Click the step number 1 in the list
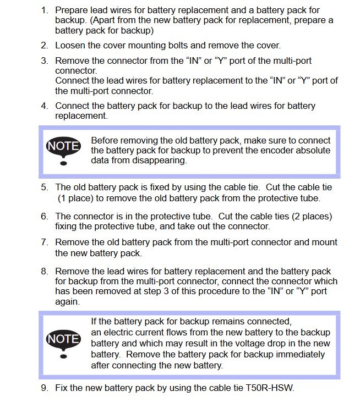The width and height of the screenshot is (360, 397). click(x=44, y=10)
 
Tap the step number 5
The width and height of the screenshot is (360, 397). click(x=44, y=188)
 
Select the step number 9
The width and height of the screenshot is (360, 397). click(x=44, y=388)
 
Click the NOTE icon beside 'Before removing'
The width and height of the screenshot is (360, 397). click(x=64, y=149)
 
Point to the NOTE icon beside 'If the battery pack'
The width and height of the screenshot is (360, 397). click(x=64, y=342)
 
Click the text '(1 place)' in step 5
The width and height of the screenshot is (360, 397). click(x=77, y=198)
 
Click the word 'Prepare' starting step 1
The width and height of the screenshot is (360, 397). click(x=72, y=10)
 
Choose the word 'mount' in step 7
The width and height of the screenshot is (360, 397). click(x=325, y=242)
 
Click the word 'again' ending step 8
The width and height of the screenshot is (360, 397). click(x=67, y=302)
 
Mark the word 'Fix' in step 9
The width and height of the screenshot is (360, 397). click(x=62, y=388)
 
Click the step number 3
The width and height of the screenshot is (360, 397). click(x=44, y=60)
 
